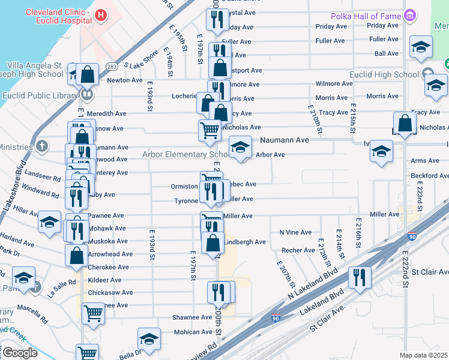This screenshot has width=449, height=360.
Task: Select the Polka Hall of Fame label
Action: click(x=366, y=15)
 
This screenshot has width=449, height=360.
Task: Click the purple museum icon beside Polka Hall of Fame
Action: click(x=411, y=14)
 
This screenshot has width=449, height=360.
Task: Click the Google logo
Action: click(x=19, y=353)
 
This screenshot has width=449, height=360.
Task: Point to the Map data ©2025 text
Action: click(x=423, y=355)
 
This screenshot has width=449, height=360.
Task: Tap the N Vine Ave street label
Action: click(x=295, y=232)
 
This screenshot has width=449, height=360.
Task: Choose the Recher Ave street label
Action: click(x=298, y=250)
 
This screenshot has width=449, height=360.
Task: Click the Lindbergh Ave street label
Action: click(x=245, y=242)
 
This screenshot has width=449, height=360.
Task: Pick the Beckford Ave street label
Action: click(x=429, y=175)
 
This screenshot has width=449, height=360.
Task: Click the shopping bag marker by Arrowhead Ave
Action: click(x=76, y=254)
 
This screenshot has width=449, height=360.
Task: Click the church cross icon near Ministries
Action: click(x=42, y=146)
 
